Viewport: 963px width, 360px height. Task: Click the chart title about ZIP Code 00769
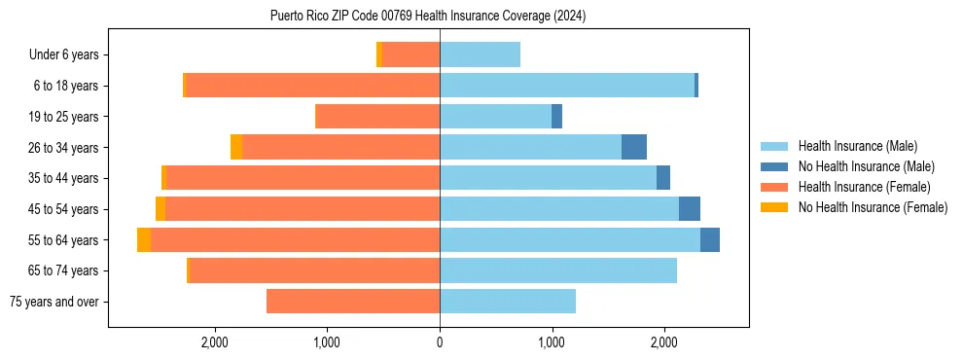click(428, 17)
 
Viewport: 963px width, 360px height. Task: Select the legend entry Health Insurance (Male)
click(856, 146)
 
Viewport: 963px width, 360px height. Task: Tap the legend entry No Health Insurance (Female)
click(873, 207)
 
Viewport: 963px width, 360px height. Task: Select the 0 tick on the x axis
click(440, 342)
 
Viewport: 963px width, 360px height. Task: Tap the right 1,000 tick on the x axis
click(552, 342)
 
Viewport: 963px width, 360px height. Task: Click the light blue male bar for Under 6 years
click(480, 55)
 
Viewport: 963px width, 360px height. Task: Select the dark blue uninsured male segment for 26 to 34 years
click(634, 148)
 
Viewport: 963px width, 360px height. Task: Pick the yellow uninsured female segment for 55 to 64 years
click(144, 240)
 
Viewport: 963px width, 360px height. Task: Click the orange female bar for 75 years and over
click(353, 302)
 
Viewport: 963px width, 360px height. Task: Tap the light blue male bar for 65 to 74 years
click(558, 270)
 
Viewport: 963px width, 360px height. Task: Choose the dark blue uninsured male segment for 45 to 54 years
click(690, 209)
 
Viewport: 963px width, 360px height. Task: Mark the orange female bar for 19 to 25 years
click(378, 117)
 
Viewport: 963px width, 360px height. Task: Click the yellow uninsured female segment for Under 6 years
click(379, 55)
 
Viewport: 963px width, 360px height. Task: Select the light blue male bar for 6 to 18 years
click(567, 86)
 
